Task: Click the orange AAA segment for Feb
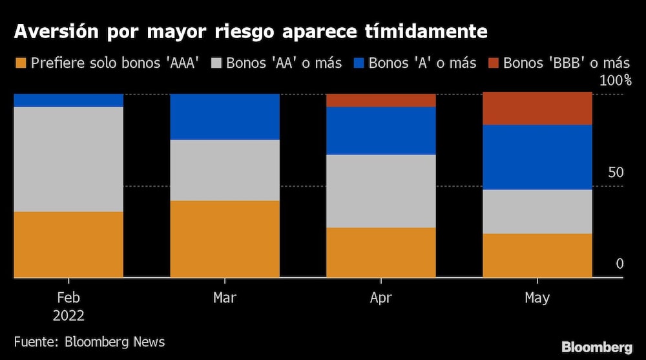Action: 68,244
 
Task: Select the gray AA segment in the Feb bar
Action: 68,159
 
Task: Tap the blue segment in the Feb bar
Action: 68,100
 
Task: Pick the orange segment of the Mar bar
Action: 225,238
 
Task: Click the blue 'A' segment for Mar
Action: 225,116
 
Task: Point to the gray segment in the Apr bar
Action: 381,191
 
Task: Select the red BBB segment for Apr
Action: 381,100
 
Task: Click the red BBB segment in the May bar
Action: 537,109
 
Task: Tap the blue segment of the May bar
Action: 537,156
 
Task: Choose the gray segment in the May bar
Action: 537,211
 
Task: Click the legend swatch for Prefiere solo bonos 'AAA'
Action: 21,63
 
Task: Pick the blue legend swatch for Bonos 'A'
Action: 360,63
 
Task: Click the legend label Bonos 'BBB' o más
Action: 566,63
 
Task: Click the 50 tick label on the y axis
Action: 615,173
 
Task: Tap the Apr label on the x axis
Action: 381,298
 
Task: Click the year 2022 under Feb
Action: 68,316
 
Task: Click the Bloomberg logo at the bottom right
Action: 597,347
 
